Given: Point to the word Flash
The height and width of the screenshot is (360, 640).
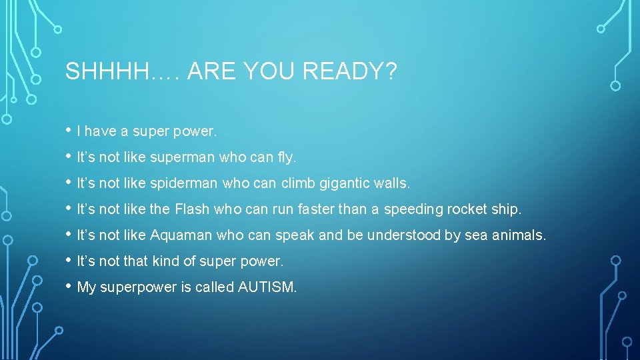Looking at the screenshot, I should click(192, 209).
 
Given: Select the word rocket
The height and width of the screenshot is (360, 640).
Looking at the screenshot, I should click(467, 209).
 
